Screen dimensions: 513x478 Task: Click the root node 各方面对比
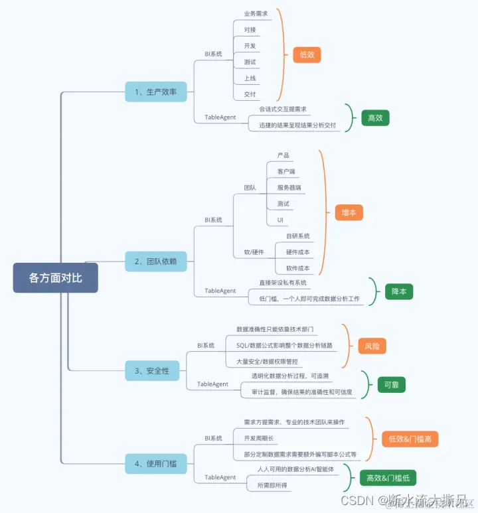click(x=56, y=277)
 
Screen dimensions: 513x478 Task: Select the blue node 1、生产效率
click(x=155, y=92)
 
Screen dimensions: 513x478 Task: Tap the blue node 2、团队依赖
click(x=156, y=261)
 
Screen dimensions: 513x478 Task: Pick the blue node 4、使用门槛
click(x=155, y=463)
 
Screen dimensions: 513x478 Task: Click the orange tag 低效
click(x=307, y=55)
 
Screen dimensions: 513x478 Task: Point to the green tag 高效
click(x=375, y=118)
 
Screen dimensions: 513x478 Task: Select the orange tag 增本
click(x=349, y=212)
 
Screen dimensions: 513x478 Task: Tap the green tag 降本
click(x=399, y=291)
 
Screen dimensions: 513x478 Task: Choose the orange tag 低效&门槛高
click(x=410, y=439)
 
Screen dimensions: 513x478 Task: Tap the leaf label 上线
click(x=250, y=78)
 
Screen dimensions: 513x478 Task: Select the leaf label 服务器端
click(x=289, y=187)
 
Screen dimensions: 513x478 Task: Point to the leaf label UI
click(x=281, y=220)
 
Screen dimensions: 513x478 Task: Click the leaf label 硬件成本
click(x=297, y=252)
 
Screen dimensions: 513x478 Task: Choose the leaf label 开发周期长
click(x=258, y=439)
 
